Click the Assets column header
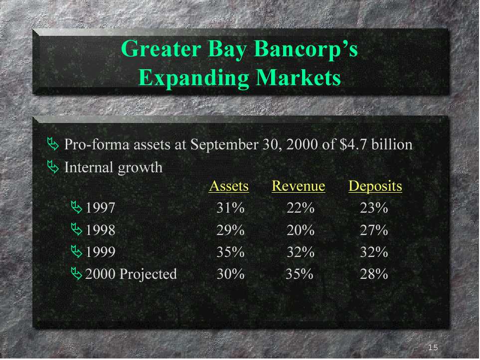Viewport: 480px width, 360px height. [x=229, y=186]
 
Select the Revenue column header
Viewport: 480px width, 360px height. [x=299, y=186]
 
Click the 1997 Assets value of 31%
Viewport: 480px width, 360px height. [x=230, y=208]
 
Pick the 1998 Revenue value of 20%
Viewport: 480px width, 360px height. [x=301, y=230]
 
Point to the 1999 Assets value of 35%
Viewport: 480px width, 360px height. [x=230, y=252]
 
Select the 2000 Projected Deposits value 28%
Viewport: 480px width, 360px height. [x=374, y=274]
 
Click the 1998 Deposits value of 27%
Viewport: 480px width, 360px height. [x=374, y=230]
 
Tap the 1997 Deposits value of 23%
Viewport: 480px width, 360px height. [x=374, y=208]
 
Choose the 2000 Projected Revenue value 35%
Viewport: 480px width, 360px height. [x=300, y=274]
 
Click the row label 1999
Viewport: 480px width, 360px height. [x=100, y=252]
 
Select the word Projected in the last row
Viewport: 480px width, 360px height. [x=148, y=274]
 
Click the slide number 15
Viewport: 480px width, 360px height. [x=433, y=348]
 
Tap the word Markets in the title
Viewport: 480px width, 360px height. [x=298, y=78]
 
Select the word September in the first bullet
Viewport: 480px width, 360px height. [x=225, y=145]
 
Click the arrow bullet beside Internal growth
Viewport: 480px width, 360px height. [x=53, y=167]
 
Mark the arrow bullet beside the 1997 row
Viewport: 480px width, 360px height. [x=77, y=207]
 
